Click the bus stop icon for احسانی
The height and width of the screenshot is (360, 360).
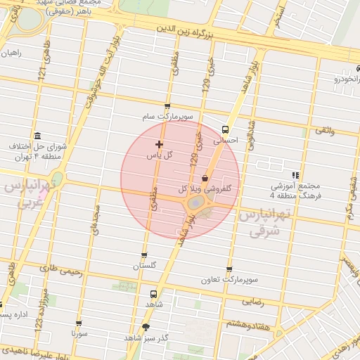pyautogui.click(x=225, y=129)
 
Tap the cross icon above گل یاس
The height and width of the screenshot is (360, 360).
pyautogui.click(x=159, y=143)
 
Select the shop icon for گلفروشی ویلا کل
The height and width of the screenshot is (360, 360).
pyautogui.click(x=205, y=178)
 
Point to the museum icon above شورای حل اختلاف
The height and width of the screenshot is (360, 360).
pyautogui.click(x=37, y=136)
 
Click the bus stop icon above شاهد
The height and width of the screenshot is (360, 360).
pyautogui.click(x=153, y=294)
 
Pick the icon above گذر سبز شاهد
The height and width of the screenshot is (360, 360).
pyautogui.click(x=146, y=327)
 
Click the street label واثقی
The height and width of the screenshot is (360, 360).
pyautogui.click(x=325, y=131)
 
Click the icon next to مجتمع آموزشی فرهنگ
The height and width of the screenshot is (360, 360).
pyautogui.click(x=295, y=175)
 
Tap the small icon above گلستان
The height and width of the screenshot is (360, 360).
pyautogui.click(x=145, y=256)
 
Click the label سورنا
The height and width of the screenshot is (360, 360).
pyautogui.click(x=79, y=334)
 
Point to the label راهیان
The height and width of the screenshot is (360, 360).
pyautogui.click(x=12, y=53)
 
